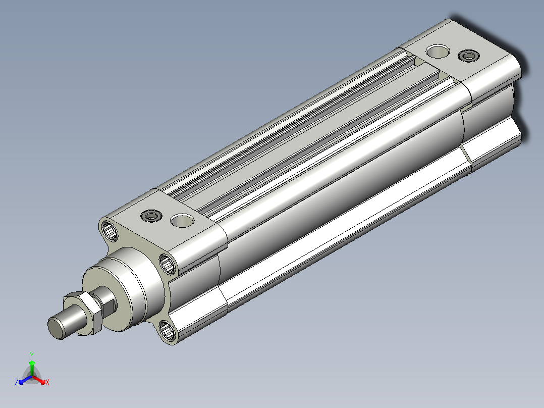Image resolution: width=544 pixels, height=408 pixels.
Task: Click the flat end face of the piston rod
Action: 56,329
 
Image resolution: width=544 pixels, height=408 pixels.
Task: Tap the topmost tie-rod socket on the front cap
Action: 110,230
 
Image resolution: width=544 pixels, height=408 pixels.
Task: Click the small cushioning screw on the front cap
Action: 151,216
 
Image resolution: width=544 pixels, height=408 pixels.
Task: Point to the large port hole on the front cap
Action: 183,220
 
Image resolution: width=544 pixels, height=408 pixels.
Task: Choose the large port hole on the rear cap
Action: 438,51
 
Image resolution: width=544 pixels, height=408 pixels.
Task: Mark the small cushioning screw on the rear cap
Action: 469,56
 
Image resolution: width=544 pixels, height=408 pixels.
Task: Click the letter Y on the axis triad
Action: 32,355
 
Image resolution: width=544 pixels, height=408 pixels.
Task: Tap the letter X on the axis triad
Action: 47,382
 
